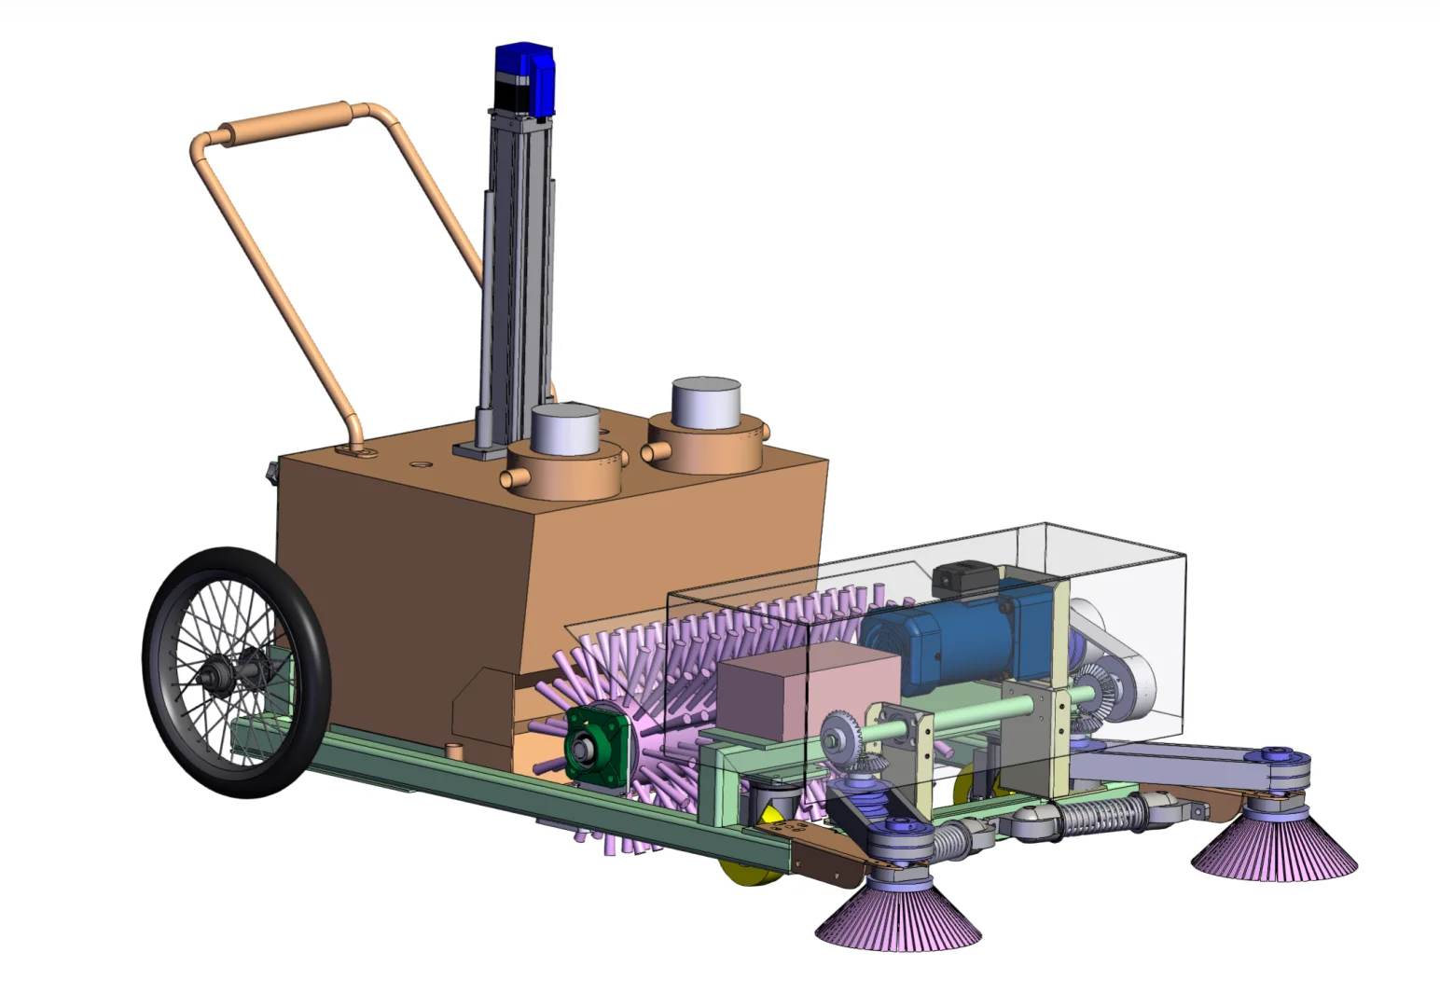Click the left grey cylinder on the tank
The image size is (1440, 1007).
(565, 431)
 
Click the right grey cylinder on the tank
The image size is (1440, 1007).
(706, 402)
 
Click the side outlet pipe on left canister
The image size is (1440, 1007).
(515, 479)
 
